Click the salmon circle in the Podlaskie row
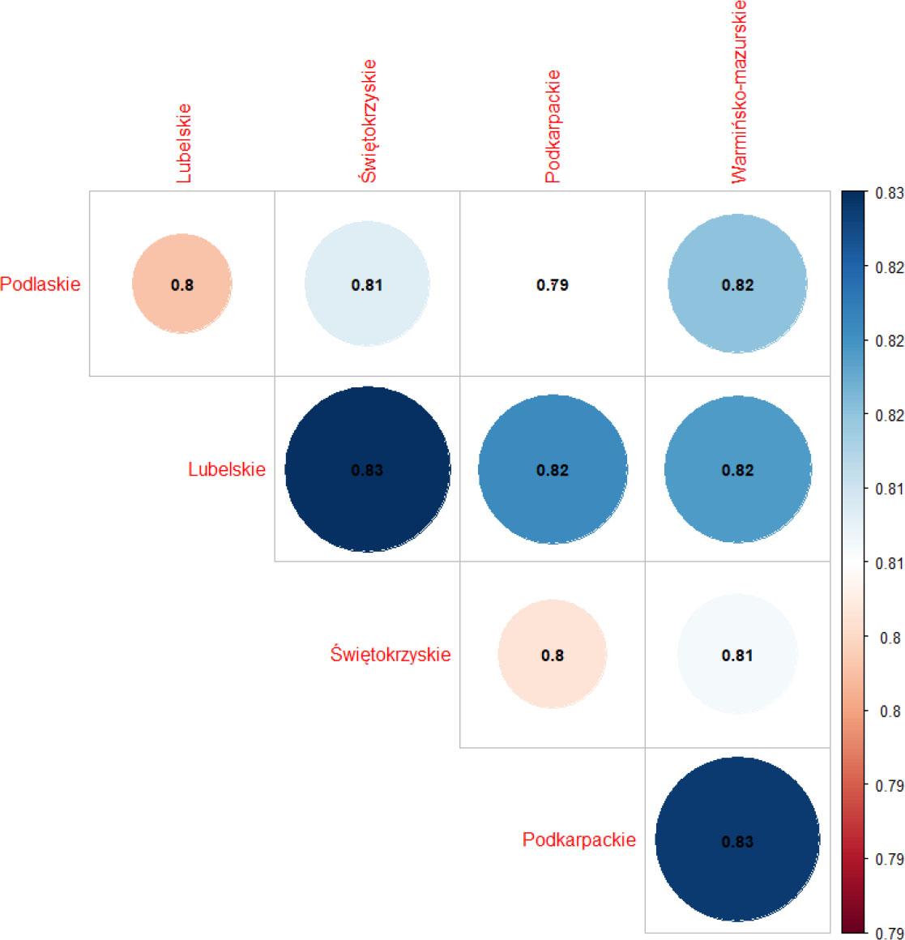tap(182, 284)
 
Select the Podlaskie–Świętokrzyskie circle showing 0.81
tap(367, 284)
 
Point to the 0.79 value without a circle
tap(552, 285)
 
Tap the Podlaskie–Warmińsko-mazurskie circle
tap(737, 284)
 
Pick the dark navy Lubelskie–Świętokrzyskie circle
tap(367, 470)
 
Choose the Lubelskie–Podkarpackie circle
tap(552, 470)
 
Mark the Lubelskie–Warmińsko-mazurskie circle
tap(737, 470)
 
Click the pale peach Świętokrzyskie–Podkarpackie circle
tap(552, 655)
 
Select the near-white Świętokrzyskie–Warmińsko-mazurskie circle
tap(737, 655)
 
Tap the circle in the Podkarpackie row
tap(737, 840)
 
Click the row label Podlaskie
tap(41, 284)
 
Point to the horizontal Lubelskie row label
tap(226, 470)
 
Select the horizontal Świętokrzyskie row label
tap(391, 655)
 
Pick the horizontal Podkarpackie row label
tap(578, 840)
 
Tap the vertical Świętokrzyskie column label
tap(368, 121)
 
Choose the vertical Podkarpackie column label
tap(553, 126)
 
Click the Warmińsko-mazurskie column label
tap(738, 92)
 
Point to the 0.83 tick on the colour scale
tap(890, 193)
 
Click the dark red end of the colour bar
tap(856, 924)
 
